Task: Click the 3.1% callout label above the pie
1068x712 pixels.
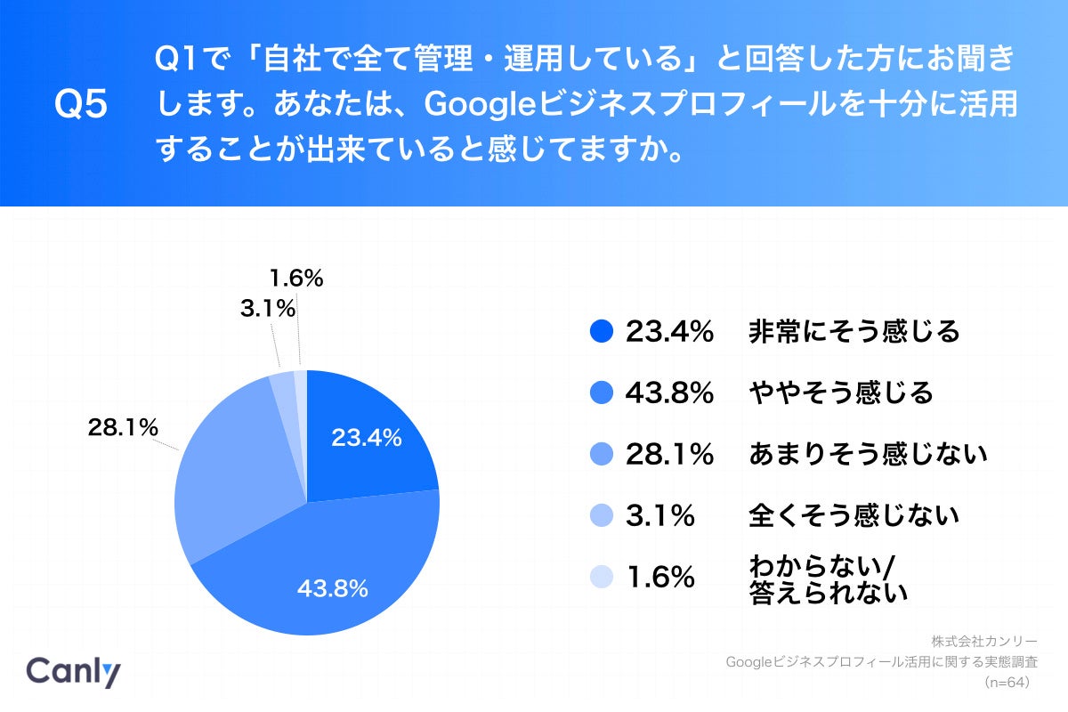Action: tap(267, 309)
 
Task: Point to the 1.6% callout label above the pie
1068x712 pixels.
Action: tap(296, 279)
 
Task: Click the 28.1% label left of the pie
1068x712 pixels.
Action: tap(123, 427)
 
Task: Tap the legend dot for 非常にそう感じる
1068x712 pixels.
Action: tap(603, 332)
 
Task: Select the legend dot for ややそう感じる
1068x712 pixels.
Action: tap(603, 392)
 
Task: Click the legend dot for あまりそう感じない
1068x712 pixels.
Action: tap(603, 455)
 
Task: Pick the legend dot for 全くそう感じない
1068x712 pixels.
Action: tap(603, 515)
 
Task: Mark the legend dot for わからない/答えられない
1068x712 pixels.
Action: tap(603, 577)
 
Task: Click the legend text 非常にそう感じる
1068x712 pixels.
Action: tap(854, 332)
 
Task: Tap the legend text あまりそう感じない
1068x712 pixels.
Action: tap(869, 455)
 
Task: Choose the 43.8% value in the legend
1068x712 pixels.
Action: tap(669, 392)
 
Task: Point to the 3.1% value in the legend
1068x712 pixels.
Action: tap(659, 515)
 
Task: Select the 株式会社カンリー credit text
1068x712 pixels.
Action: tap(984, 641)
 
